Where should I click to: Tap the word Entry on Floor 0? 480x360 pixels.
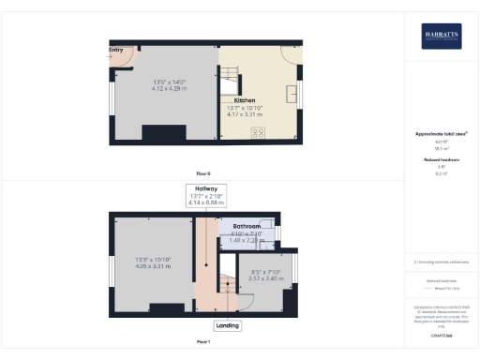pos(116,51)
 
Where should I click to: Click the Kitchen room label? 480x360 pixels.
pos(245,99)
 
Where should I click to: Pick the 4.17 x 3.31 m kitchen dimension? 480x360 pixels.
pos(245,113)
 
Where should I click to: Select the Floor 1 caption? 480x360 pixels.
pos(203,340)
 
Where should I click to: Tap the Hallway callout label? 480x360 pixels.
pos(203,188)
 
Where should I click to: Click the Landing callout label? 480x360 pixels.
pos(227,326)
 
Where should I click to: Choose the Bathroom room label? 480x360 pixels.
pos(247,228)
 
